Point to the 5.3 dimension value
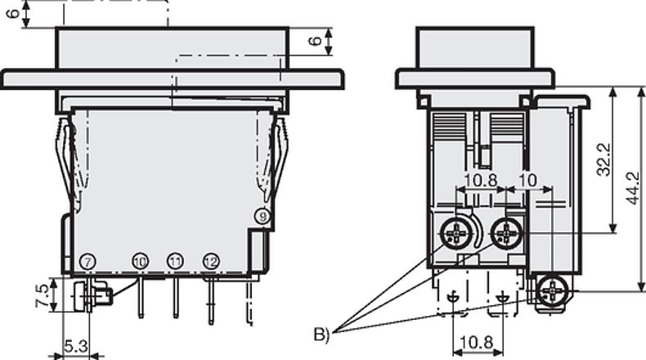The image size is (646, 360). tap(75, 347)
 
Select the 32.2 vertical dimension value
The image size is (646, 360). tap(603, 160)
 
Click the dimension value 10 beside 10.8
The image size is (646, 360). tap(527, 179)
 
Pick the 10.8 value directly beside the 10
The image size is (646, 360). tap(481, 179)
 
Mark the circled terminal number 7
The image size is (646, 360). tap(88, 261)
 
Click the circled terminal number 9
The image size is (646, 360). tap(262, 217)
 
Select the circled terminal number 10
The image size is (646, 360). tap(140, 261)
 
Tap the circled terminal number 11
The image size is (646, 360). tap(175, 261)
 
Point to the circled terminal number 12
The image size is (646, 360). tap(211, 261)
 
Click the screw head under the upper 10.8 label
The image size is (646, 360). tap(455, 235)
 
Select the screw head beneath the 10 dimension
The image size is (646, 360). tap(508, 234)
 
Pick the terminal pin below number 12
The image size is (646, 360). tap(211, 298)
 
